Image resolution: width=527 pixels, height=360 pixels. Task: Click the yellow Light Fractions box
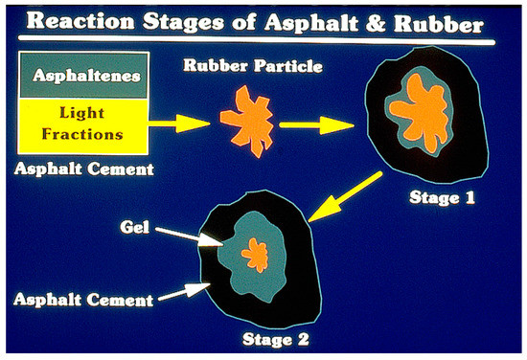(78, 127)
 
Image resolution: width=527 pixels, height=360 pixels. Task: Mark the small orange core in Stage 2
(254, 255)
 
